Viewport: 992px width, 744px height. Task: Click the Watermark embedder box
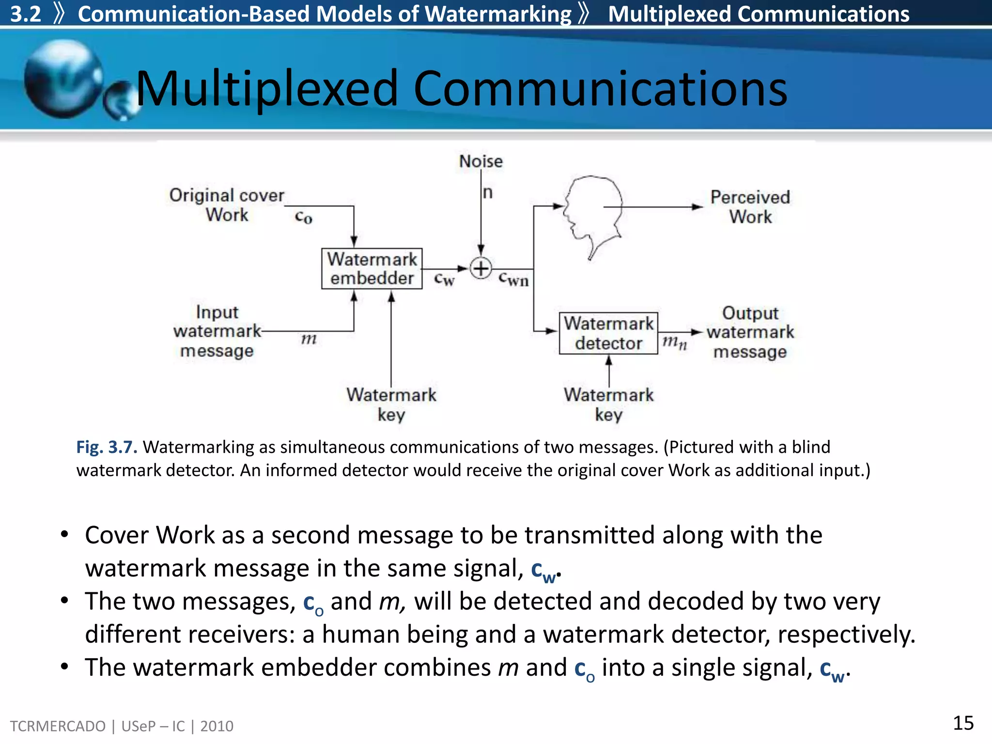[x=372, y=269]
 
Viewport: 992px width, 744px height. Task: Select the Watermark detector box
[x=608, y=333]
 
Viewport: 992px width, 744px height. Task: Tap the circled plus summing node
[x=480, y=268]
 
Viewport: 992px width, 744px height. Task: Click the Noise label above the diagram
[x=480, y=161]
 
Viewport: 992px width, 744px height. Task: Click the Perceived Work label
[x=750, y=207]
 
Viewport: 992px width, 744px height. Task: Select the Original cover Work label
[x=226, y=205]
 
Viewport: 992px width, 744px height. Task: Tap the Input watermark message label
[x=217, y=331]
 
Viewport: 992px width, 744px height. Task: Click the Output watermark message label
[x=750, y=332]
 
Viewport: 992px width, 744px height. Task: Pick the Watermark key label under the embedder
[x=391, y=404]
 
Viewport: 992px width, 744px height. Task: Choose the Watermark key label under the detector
[x=608, y=404]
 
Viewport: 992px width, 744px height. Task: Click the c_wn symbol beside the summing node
[x=513, y=279]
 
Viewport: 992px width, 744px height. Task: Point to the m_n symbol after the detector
[x=674, y=342]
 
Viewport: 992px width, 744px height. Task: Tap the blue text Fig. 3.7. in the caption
[x=107, y=447]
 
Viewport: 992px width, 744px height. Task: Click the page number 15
[x=963, y=723]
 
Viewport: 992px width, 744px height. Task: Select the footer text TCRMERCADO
[x=58, y=726]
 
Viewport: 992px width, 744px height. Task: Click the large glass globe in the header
[x=63, y=79]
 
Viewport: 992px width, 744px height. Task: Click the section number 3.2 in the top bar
[x=25, y=14]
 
